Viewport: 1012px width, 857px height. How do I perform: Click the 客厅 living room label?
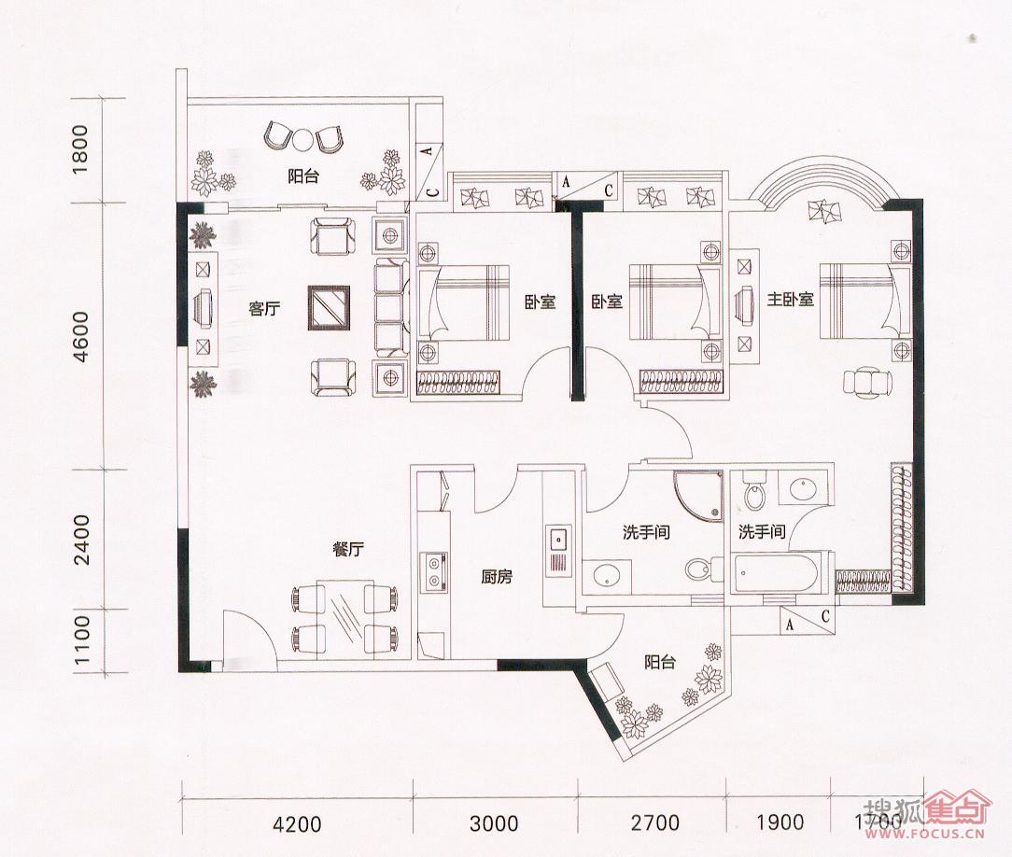pos(264,309)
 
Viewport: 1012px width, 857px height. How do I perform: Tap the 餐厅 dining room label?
pos(348,550)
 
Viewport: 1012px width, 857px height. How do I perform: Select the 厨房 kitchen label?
pos(497,576)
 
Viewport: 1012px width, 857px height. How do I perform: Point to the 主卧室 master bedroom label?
pos(790,300)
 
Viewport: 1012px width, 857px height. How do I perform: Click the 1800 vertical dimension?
pos(80,149)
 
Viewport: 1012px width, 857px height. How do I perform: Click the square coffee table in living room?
pos(330,308)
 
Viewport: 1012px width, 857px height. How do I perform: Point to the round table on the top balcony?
pos(302,139)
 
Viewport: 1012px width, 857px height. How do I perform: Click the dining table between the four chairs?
pos(343,618)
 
